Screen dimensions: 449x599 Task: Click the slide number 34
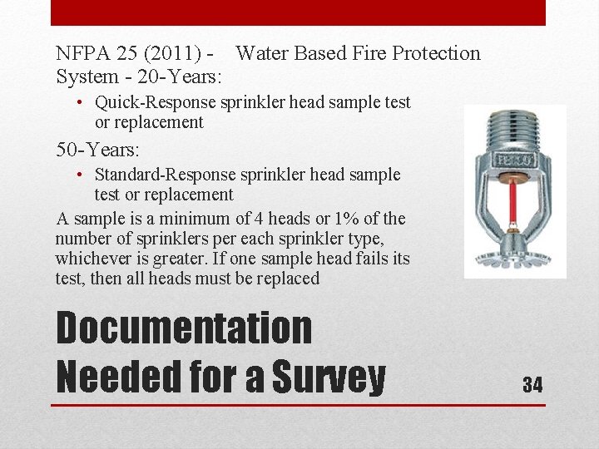tap(532, 384)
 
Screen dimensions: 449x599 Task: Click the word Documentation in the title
tap(183, 328)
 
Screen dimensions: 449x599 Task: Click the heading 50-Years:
tap(97, 150)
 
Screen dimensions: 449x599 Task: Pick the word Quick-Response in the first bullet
tap(155, 102)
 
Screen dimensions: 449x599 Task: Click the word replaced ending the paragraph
tap(287, 279)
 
